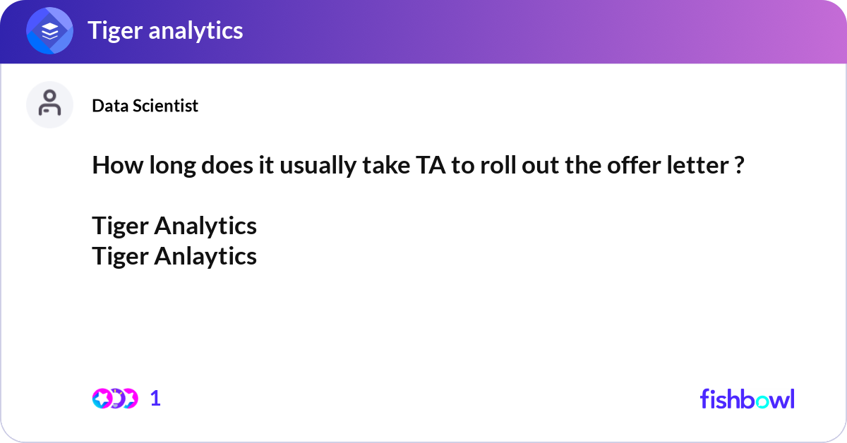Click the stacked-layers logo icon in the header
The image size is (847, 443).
coord(50,31)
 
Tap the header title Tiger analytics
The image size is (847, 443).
coord(165,30)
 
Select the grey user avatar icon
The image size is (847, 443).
coord(49,104)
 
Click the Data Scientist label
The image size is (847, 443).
coord(145,106)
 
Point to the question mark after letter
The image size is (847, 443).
coord(739,166)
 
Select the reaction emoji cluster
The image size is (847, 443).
coord(115,399)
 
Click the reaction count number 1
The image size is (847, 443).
coord(155,399)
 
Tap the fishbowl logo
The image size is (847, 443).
coord(747,399)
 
